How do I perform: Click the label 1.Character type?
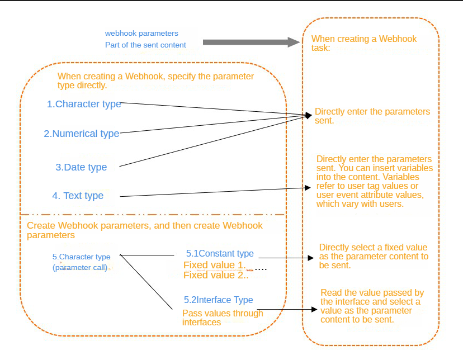(x=84, y=104)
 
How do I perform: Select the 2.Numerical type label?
(x=82, y=134)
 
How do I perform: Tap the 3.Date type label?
(x=81, y=167)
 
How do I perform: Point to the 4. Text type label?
(x=78, y=196)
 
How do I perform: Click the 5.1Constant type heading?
(x=220, y=254)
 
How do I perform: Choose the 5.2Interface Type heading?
(x=219, y=300)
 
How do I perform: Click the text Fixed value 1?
(x=215, y=265)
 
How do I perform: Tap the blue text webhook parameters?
(x=141, y=34)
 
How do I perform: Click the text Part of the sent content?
(x=145, y=45)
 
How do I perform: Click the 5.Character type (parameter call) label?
(x=81, y=262)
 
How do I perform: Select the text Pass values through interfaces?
(x=223, y=317)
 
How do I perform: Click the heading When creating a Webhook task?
(x=364, y=43)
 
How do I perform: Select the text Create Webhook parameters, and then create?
(x=144, y=226)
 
